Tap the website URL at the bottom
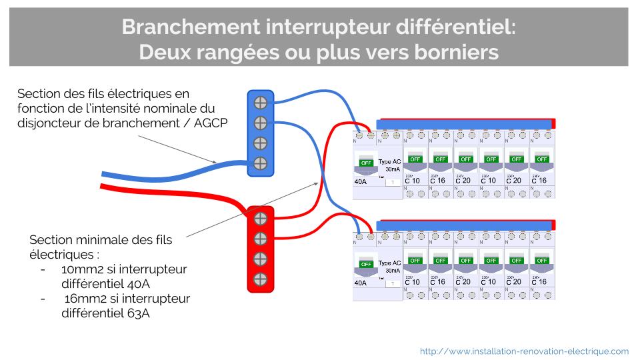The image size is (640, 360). pos(524,351)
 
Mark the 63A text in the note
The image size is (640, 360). pos(137,313)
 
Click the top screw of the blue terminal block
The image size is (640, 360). pos(261,103)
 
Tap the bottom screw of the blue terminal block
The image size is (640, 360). pos(261,163)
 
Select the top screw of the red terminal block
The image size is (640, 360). pos(261,218)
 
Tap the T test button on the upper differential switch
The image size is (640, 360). pos(393,181)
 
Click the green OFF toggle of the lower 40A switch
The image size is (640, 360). pos(366,264)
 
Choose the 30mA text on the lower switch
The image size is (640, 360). pos(393,271)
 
